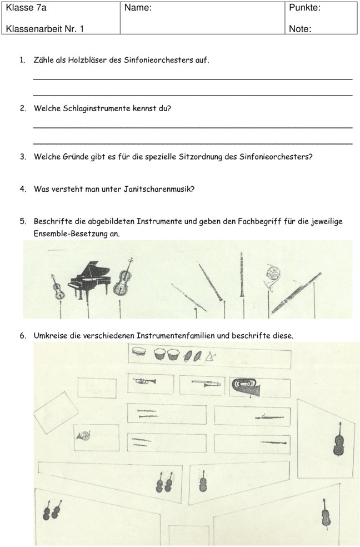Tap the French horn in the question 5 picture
point(273,276)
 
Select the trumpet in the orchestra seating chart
point(144,381)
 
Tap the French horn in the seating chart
point(84,437)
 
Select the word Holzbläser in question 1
point(87,59)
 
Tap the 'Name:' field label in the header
point(138,8)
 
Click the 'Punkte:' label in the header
point(305,8)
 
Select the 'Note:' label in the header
point(300,29)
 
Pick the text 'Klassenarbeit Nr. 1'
point(44,29)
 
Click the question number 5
point(23,221)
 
